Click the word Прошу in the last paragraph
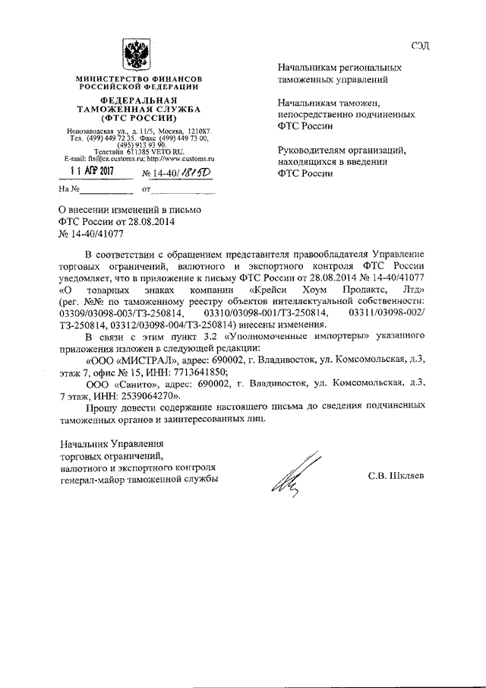pyautogui.click(x=102, y=407)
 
